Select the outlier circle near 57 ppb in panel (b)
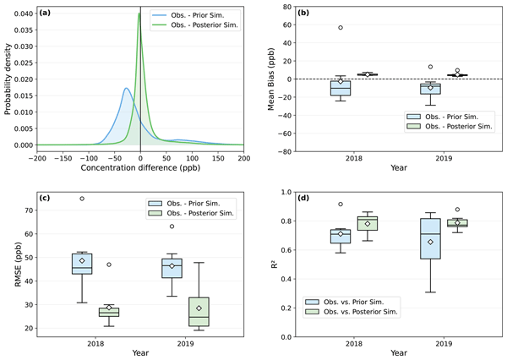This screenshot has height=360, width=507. point(341,28)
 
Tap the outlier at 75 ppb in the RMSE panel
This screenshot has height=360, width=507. point(82,199)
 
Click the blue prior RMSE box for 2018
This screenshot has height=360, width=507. point(82,263)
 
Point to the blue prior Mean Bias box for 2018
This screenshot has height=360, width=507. point(341,87)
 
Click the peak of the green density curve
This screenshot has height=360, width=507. point(140,14)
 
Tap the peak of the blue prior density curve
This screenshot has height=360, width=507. point(125,88)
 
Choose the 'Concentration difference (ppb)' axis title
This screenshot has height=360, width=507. point(140,168)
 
